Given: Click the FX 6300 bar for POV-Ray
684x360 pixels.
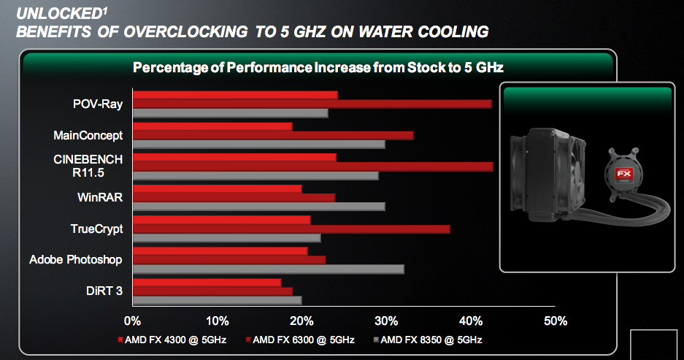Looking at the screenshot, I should (x=312, y=104).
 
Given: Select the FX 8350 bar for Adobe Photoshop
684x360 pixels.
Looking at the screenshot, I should (x=268, y=269).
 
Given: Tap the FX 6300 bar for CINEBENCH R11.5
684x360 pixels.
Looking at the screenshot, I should (x=312, y=166).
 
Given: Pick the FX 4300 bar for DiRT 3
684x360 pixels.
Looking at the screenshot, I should (x=207, y=283).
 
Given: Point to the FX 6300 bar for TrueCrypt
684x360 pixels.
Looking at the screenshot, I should (x=291, y=229).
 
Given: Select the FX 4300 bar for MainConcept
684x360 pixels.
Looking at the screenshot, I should (x=212, y=126).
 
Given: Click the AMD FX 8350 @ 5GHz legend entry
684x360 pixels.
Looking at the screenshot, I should (x=428, y=340).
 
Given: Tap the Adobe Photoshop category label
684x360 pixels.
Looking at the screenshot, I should (x=76, y=259).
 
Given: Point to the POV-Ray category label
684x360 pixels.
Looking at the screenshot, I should (x=98, y=104).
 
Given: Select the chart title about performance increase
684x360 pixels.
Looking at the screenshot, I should (x=318, y=67).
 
